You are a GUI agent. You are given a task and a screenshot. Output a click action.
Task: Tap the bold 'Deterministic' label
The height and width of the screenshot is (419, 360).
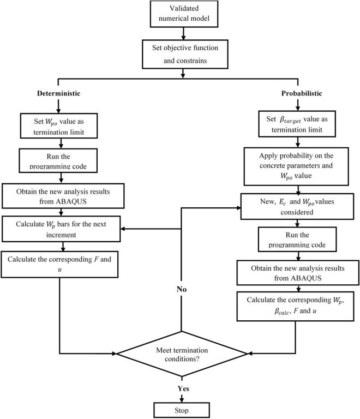[59, 94]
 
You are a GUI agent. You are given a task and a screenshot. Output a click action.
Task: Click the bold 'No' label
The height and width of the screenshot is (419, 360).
[181, 290]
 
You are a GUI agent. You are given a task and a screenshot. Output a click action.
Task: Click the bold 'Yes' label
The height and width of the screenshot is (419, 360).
[181, 388]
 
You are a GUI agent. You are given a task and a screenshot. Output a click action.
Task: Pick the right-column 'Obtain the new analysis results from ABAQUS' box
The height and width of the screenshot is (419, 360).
[295, 271]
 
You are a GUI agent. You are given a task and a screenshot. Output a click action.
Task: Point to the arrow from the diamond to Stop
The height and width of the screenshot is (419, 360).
[181, 396]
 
